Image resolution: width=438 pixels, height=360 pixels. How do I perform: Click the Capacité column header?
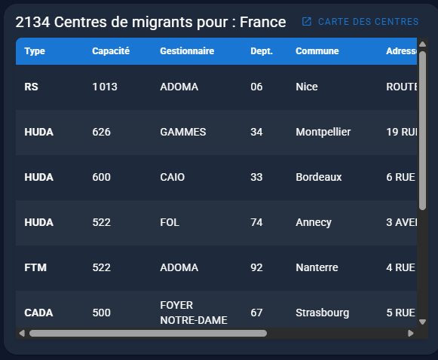coord(111,51)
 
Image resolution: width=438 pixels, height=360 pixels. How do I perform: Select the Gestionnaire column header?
coord(187,51)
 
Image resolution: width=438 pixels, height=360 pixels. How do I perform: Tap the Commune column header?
coord(317,51)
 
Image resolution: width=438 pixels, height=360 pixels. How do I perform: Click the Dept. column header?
coord(262,51)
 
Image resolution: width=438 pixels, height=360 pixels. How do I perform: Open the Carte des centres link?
coord(360,22)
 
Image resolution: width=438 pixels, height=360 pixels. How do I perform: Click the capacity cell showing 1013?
coord(105,87)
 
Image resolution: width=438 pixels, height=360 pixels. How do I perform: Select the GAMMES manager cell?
coord(182,132)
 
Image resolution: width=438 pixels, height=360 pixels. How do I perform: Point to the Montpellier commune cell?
coord(323,132)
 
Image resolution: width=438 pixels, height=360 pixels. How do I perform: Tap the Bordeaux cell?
coord(318,177)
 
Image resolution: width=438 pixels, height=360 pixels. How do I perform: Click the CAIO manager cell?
coord(172,177)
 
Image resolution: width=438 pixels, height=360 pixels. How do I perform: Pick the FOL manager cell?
coord(170,222)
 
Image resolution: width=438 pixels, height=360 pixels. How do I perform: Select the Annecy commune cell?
coord(314,222)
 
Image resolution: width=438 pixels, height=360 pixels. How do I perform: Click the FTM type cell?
coord(36,267)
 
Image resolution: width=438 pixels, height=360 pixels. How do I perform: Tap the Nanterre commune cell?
coord(317,267)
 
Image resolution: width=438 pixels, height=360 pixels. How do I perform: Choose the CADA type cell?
coord(38,313)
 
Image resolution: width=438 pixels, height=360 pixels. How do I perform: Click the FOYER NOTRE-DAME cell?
coord(193,312)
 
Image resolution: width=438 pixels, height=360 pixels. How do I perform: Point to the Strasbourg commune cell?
coord(322,313)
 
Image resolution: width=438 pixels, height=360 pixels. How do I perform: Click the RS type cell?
coord(31,87)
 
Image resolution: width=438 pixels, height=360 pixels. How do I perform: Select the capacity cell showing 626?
coord(101,132)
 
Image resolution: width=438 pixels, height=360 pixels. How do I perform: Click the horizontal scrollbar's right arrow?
coord(411,333)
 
